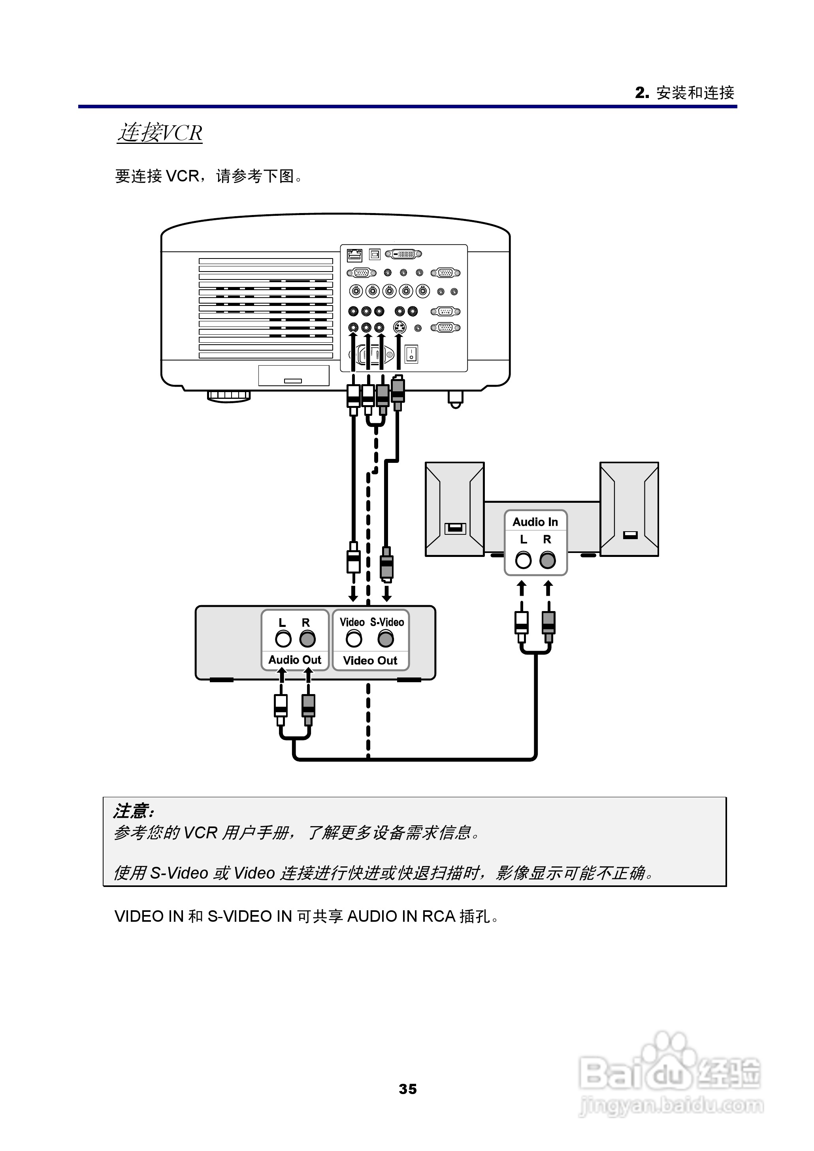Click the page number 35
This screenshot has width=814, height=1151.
pyautogui.click(x=407, y=1089)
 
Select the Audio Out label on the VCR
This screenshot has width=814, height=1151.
pyautogui.click(x=295, y=660)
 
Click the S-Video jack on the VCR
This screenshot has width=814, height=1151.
pyautogui.click(x=385, y=639)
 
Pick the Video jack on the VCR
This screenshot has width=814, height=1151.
pyautogui.click(x=354, y=639)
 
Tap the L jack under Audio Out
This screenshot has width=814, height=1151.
pyautogui.click(x=283, y=639)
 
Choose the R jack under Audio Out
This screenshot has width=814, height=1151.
pyautogui.click(x=307, y=639)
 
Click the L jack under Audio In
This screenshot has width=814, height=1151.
pyautogui.click(x=523, y=560)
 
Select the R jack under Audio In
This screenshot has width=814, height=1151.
pyautogui.click(x=548, y=560)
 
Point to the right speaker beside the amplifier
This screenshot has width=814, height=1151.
pyautogui.click(x=629, y=509)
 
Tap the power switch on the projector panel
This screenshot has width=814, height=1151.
pyautogui.click(x=411, y=354)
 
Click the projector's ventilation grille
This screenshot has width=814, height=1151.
pyautogui.click(x=266, y=308)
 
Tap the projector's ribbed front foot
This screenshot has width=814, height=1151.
pyautogui.click(x=228, y=396)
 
